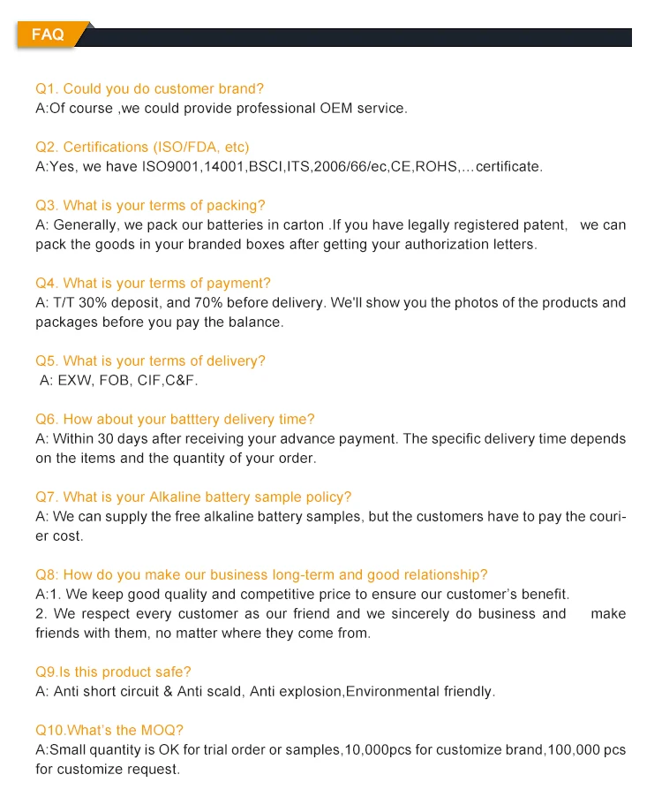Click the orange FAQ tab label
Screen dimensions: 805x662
pyautogui.click(x=48, y=34)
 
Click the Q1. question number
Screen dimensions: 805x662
pyautogui.click(x=47, y=88)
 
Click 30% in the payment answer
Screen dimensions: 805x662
pyautogui.click(x=94, y=303)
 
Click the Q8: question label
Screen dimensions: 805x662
pyautogui.click(x=48, y=575)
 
